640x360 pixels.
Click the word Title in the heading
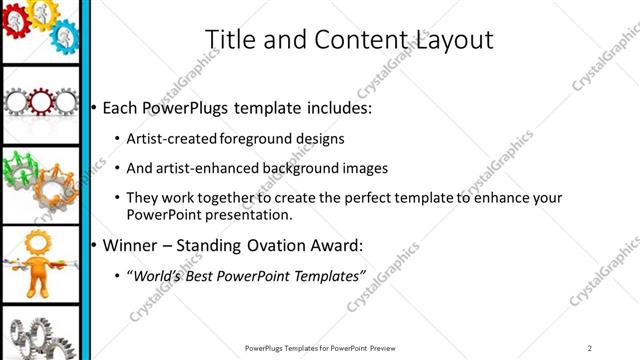(x=227, y=39)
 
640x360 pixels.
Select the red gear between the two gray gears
(x=42, y=102)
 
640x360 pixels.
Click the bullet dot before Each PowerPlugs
(x=93, y=107)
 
